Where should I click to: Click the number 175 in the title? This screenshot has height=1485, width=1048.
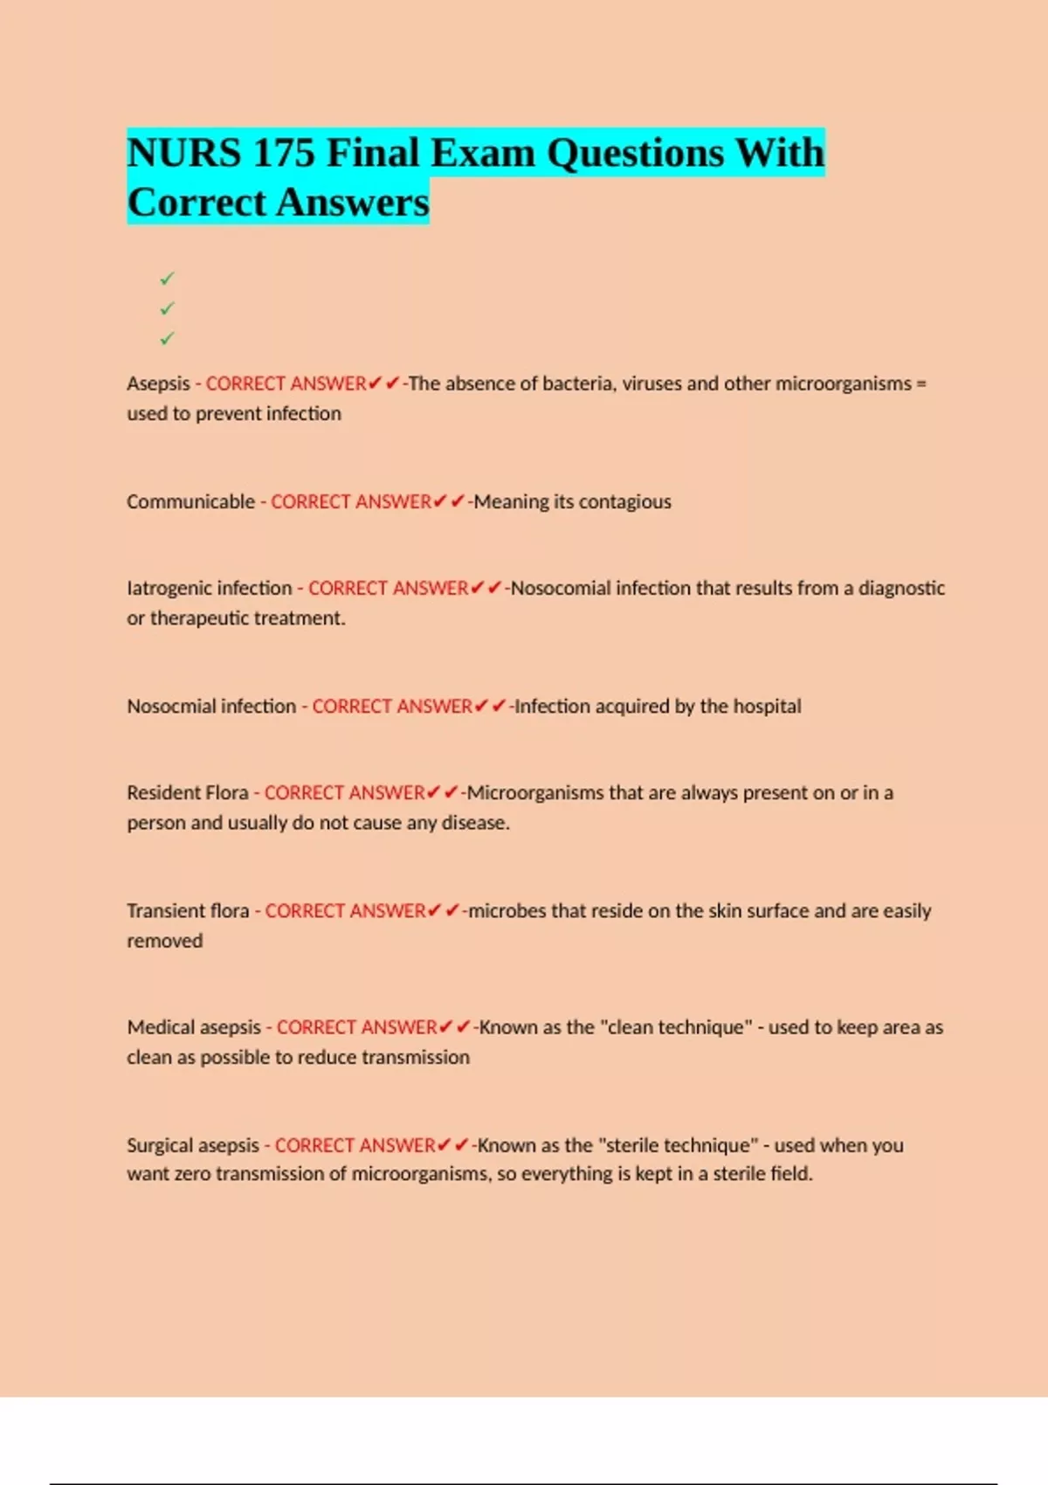pyautogui.click(x=283, y=153)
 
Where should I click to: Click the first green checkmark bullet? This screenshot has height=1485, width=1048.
pyautogui.click(x=167, y=279)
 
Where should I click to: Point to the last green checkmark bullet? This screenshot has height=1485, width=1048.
pyautogui.click(x=167, y=338)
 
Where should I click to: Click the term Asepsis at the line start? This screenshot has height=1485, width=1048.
pyautogui.click(x=158, y=383)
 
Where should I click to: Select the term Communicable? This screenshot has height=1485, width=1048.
pyautogui.click(x=190, y=501)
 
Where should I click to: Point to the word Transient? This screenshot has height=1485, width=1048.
pyautogui.click(x=163, y=910)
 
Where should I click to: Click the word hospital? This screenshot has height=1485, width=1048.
pyautogui.click(x=767, y=706)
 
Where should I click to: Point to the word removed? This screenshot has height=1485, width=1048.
pyautogui.click(x=164, y=941)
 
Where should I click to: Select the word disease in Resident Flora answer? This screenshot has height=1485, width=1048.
pyautogui.click(x=476, y=823)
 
